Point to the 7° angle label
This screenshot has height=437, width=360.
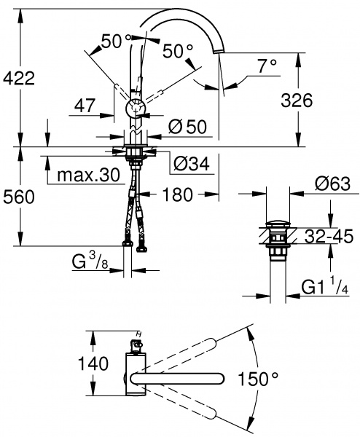267,66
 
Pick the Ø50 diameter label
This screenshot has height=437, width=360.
188,127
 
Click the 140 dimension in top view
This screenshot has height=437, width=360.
93,362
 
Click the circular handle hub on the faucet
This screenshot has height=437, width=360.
136,109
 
